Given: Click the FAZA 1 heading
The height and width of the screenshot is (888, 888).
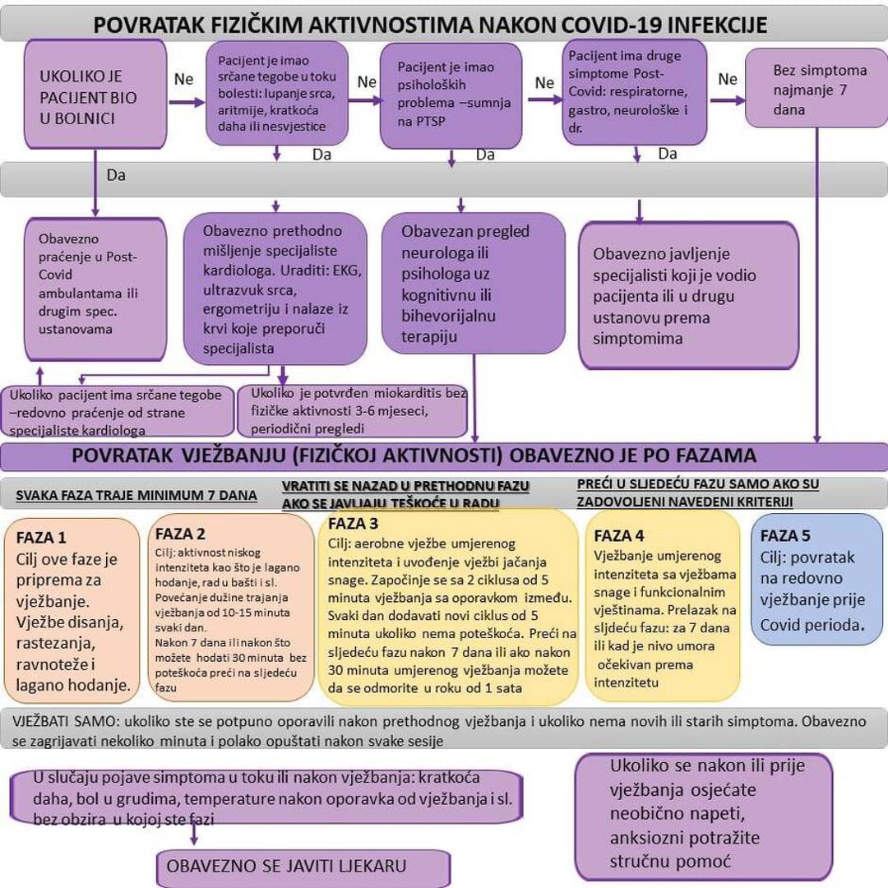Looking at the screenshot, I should tap(41, 538).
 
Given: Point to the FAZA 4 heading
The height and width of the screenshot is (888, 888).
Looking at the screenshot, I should tap(619, 535).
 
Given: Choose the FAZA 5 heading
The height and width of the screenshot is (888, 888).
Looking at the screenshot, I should tap(785, 535).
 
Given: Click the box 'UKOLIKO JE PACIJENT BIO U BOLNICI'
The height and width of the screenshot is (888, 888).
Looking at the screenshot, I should tap(95, 97).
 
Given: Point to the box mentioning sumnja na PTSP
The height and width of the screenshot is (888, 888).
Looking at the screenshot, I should tap(451, 95).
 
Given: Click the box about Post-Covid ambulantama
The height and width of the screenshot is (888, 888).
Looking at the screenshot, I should tap(95, 289).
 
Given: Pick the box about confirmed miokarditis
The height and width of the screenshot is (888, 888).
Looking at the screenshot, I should tap(353, 411).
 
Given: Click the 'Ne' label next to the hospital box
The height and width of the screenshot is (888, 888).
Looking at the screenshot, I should tap(184, 79).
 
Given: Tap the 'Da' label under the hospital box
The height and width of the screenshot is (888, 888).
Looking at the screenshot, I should tap(116, 175).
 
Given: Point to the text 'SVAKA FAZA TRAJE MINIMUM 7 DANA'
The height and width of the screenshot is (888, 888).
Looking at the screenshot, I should tap(136, 495).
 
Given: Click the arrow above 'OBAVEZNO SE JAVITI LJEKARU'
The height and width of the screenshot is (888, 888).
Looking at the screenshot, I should tap(194, 834).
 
